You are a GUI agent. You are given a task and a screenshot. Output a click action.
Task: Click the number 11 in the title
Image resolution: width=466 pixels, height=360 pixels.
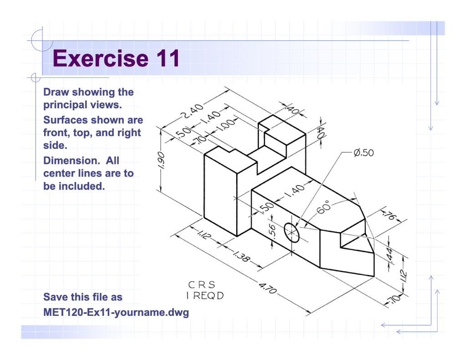[166, 59]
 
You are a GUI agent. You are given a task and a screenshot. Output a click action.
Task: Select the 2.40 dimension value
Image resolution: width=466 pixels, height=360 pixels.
[191, 111]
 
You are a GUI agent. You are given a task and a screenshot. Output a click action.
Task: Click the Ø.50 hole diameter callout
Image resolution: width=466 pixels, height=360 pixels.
[363, 152]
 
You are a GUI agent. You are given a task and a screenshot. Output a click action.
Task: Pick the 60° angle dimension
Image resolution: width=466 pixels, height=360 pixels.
[324, 207]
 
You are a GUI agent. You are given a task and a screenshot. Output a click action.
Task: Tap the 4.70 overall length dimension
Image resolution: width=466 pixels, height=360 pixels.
[268, 289]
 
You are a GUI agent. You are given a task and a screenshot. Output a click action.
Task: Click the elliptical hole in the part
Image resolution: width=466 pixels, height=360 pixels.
[292, 233]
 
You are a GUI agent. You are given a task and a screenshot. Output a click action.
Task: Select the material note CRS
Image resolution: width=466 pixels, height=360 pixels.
[202, 285]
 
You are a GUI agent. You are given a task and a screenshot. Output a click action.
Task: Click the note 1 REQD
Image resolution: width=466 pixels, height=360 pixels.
[205, 296]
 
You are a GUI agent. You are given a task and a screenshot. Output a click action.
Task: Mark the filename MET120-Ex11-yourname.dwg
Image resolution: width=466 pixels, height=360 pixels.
[116, 313]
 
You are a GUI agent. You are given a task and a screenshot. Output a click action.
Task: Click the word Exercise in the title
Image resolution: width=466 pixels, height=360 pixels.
[101, 59]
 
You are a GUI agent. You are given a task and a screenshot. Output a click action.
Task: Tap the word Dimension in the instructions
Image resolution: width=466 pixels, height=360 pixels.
[66, 161]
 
